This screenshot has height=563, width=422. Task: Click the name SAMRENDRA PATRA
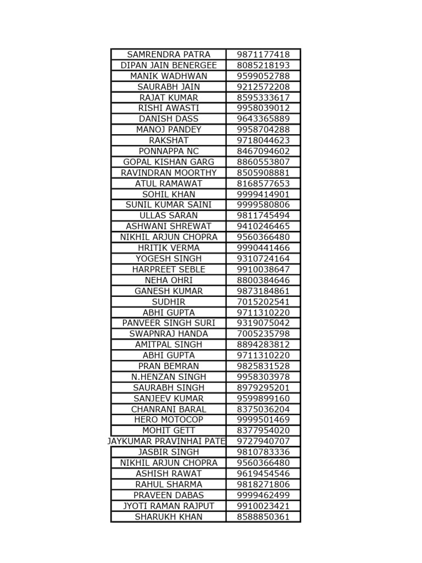tap(169, 54)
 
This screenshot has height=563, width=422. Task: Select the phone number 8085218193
tap(263, 65)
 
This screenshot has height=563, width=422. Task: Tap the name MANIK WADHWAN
tap(169, 76)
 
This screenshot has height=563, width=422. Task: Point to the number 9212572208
tap(263, 87)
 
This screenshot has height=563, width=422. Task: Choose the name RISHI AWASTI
tap(169, 108)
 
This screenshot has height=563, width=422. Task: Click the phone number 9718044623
tap(263, 140)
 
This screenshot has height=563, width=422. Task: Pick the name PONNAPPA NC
tap(169, 151)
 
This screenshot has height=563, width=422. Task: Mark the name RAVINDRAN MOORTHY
tap(169, 173)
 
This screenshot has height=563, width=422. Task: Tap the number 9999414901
tap(263, 194)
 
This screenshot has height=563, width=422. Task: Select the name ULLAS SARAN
tap(169, 216)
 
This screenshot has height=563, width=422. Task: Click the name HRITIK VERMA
tap(169, 248)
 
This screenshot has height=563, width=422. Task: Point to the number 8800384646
tap(263, 280)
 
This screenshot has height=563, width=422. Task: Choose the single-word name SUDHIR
tap(169, 302)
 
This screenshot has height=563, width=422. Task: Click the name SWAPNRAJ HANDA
tap(169, 334)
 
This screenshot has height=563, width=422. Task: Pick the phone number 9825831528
tap(263, 366)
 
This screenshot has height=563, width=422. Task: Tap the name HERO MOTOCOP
tap(169, 420)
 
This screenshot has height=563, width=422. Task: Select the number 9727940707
tap(263, 441)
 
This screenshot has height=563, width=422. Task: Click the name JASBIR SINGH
tap(169, 452)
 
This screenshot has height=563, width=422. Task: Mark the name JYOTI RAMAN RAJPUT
tap(169, 506)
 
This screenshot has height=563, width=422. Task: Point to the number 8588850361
tap(263, 517)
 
